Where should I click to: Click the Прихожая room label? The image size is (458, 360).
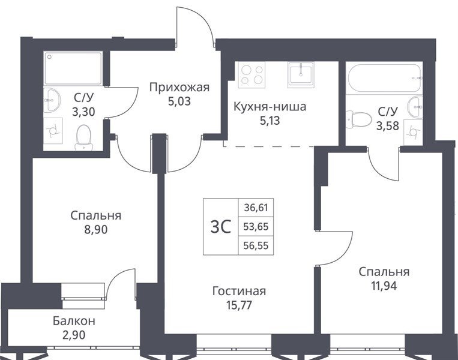(179, 87)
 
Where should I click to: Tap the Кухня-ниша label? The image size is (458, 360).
(270, 107)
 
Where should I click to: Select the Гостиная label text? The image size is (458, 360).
(240, 291)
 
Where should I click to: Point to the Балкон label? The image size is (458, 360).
(74, 321)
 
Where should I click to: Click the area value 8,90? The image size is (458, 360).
(96, 230)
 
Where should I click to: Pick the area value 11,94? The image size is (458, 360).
(384, 286)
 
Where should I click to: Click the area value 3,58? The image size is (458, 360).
(388, 126)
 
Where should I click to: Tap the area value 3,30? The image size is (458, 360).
(83, 112)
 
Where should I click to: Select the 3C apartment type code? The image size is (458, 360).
(221, 227)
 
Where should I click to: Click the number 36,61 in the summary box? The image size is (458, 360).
(256, 208)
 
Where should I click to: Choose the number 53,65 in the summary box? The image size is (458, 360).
(256, 227)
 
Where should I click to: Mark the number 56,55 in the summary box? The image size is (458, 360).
(256, 245)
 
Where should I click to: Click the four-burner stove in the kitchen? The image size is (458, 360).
(252, 75)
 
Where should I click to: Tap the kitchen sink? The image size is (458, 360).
(301, 75)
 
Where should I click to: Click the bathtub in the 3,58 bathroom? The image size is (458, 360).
(384, 78)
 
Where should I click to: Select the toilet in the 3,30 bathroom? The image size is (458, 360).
(83, 137)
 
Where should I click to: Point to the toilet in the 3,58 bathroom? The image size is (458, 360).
(355, 119)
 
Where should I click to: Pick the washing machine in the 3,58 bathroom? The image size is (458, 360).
(413, 132)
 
